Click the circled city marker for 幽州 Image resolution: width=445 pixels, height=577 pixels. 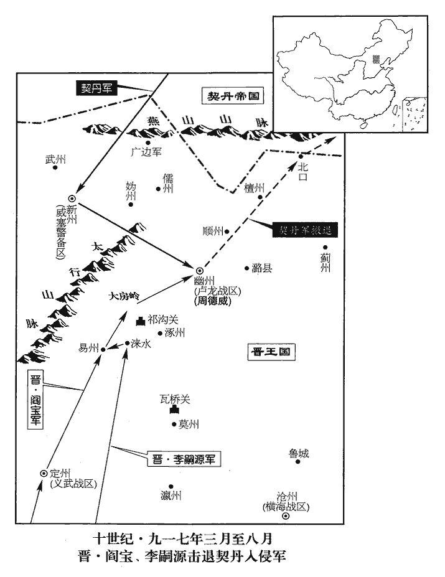tap(200, 271)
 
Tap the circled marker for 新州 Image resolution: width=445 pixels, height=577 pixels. tap(72, 198)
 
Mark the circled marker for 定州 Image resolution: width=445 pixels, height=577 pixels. tap(44, 473)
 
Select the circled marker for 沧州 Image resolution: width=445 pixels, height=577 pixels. tap(286, 516)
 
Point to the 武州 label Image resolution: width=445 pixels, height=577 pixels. tap(55, 160)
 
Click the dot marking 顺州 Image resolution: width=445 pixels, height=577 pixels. tap(227, 232)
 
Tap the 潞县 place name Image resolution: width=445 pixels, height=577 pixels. tap(262, 269)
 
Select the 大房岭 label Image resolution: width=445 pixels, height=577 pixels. tap(123, 296)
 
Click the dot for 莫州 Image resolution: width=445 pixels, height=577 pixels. tap(175, 425)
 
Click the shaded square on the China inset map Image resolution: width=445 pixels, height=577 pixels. tap(375, 59)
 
